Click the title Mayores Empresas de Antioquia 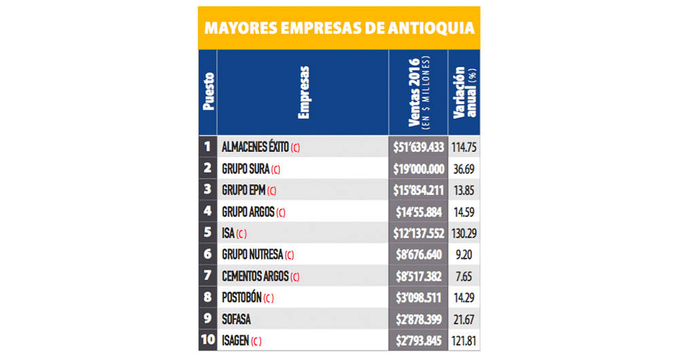[339, 28]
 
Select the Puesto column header [208, 92]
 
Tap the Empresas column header [304, 92]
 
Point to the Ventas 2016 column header [418, 93]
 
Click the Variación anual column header [464, 93]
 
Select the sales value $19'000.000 [418, 169]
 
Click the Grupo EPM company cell [244, 191]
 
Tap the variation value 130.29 [464, 234]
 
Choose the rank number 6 [207, 255]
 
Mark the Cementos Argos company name [255, 277]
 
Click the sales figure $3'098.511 [418, 298]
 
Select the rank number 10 [207, 341]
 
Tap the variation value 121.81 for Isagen [464, 341]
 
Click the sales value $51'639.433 [418, 147]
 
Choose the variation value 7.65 [464, 277]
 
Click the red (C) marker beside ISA [242, 234]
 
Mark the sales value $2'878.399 [418, 320]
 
